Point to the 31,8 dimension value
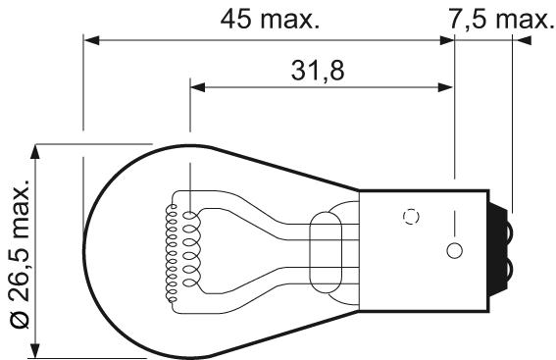[317, 71]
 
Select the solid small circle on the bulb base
[453, 250]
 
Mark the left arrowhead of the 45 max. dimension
[91, 41]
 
